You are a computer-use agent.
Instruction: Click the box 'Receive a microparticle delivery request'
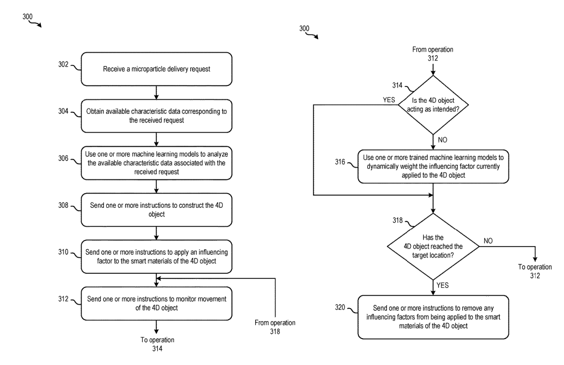pyautogui.click(x=156, y=69)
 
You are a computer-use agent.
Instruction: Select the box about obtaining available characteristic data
pyautogui.click(x=156, y=116)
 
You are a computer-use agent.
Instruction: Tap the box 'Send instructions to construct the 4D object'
pyautogui.click(x=156, y=210)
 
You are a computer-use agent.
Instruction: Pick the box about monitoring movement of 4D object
pyautogui.click(x=156, y=304)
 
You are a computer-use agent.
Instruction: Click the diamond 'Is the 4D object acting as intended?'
pyautogui.click(x=433, y=105)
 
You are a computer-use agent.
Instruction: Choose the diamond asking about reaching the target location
pyautogui.click(x=433, y=246)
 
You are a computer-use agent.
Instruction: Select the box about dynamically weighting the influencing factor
pyautogui.click(x=433, y=167)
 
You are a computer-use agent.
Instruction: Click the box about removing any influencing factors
pyautogui.click(x=433, y=317)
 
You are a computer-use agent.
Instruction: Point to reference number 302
pyautogui.click(x=63, y=65)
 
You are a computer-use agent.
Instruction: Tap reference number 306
pyautogui.click(x=63, y=158)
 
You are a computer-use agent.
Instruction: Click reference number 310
pyautogui.click(x=63, y=252)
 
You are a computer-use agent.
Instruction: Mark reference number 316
pyautogui.click(x=340, y=162)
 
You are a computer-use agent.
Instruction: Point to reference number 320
pyautogui.click(x=340, y=307)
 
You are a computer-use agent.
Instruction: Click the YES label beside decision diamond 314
pyautogui.click(x=389, y=100)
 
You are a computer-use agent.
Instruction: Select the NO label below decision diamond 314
pyautogui.click(x=442, y=140)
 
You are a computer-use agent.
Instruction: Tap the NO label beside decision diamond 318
pyautogui.click(x=488, y=241)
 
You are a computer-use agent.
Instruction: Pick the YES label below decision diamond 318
pyautogui.click(x=442, y=286)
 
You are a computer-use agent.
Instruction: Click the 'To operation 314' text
pyautogui.click(x=157, y=344)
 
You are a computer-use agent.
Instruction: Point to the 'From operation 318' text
pyautogui.click(x=275, y=327)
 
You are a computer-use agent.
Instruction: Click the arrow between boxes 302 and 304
pyautogui.click(x=156, y=93)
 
